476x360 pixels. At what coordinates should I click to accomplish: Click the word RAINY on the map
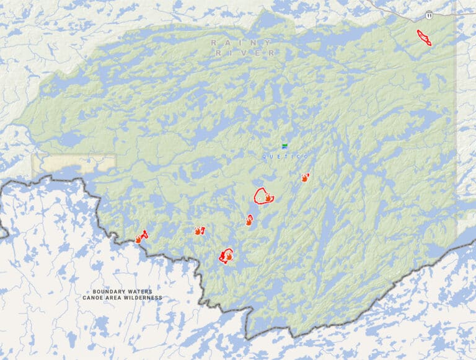pos(241,43)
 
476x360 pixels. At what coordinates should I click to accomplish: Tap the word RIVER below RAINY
pos(245,53)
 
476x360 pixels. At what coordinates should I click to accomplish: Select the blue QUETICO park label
pos(286,157)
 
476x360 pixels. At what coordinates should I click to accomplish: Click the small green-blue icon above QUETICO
pos(284,146)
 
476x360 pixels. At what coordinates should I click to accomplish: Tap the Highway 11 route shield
pos(428,14)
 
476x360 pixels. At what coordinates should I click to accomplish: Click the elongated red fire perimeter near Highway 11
pos(424,37)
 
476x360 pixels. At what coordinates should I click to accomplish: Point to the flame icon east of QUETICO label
pos(305,178)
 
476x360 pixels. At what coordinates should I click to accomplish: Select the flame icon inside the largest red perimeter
pos(268,198)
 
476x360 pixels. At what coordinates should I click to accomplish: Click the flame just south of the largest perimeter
pos(249,221)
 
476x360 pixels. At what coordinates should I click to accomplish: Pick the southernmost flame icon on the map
pos(229,255)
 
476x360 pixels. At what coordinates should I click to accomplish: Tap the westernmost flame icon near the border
pos(138,239)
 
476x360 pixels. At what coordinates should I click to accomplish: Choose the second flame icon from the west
pos(198,230)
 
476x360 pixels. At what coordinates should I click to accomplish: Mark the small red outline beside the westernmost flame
pos(144,234)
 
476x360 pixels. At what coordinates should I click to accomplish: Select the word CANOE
pos(94,298)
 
